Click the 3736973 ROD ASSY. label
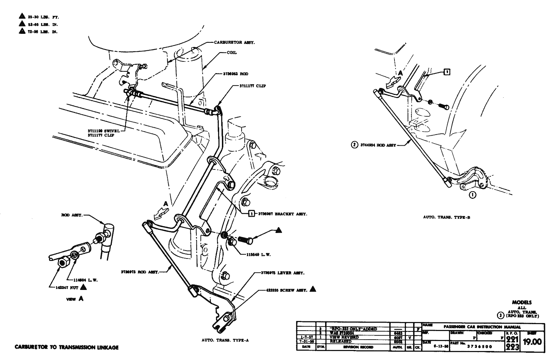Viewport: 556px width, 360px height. click(x=140, y=272)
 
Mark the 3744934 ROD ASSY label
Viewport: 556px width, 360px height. click(x=378, y=145)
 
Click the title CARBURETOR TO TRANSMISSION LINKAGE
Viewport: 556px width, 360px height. click(x=66, y=347)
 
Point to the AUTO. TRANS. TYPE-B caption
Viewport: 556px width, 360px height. click(x=447, y=217)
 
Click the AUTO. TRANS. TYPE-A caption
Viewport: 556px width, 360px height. click(x=225, y=340)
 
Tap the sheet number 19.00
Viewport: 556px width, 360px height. click(x=532, y=342)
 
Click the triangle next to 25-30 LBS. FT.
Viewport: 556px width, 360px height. click(x=22, y=16)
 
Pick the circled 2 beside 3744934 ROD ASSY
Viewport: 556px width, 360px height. click(x=354, y=145)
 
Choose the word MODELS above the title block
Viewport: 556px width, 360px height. click(x=522, y=302)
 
